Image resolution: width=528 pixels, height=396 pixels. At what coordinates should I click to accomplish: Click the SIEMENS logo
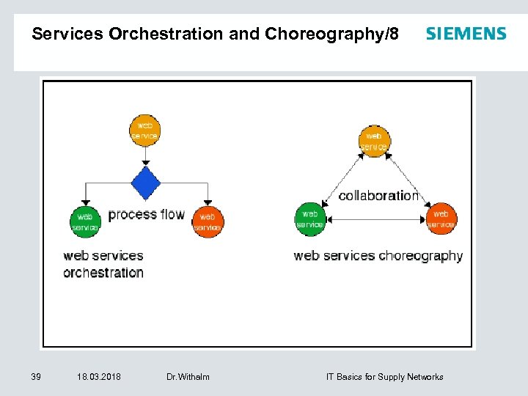pos(466,34)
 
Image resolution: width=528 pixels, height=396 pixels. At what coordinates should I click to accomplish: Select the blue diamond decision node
pos(146,183)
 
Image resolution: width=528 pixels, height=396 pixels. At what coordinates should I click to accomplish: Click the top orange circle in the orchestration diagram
pos(144,131)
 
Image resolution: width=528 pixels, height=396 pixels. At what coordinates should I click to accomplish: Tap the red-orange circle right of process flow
pos(208,221)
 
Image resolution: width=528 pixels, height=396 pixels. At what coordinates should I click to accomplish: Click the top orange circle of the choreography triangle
pos(374,141)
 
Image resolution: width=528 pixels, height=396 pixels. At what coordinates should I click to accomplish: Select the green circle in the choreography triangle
pos(309,219)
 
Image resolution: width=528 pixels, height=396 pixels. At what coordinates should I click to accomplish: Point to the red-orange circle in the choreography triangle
pos(441,219)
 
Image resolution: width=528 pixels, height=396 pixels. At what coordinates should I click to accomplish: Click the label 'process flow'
pos(147,215)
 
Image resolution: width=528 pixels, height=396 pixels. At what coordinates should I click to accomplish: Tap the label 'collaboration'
pos(378,196)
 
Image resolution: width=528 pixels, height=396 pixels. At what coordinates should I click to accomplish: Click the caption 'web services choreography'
pos(378,256)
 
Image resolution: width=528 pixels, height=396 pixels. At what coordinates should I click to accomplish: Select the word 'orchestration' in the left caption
pos(103,273)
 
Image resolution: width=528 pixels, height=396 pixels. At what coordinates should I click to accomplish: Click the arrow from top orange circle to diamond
pos(145,155)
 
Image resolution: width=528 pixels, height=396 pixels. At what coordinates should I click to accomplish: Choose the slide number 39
pos(36,377)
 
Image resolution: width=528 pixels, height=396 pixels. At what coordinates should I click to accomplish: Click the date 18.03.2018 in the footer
pos(99,377)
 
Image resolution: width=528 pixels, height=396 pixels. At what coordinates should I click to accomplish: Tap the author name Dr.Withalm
pos(188,377)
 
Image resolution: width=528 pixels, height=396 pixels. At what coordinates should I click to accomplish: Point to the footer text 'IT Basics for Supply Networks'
pos(384,377)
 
